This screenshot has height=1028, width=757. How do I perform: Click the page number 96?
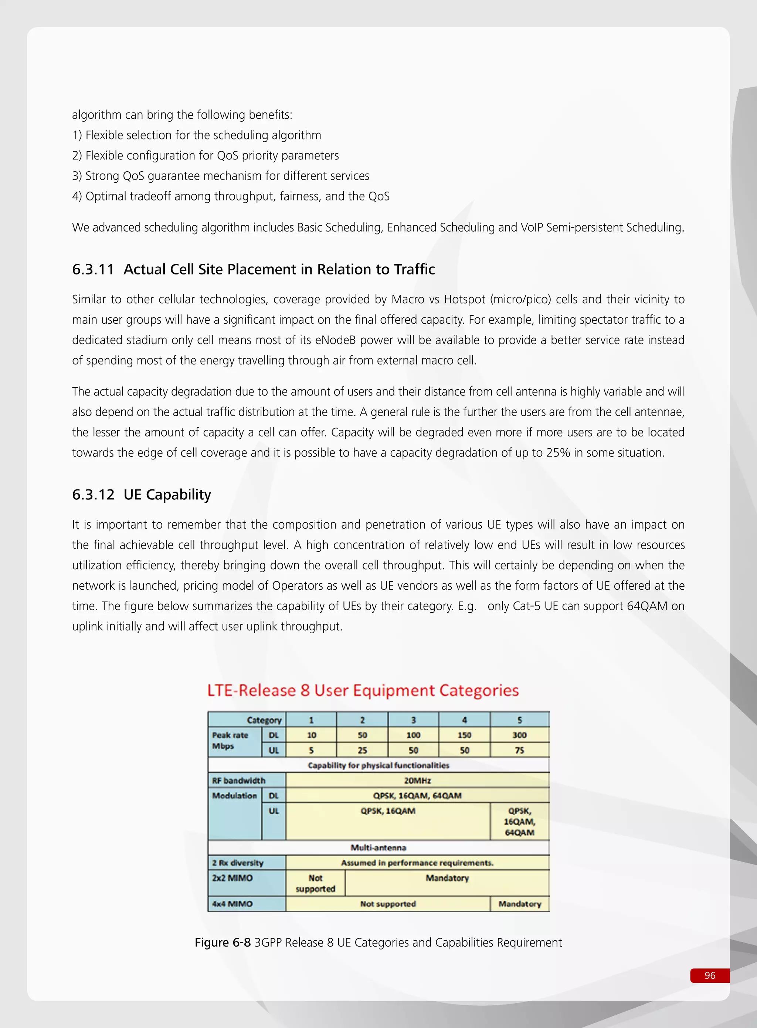click(x=709, y=975)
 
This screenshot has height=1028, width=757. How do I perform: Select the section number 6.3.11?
click(x=93, y=269)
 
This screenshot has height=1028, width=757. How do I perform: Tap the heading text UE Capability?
click(x=167, y=494)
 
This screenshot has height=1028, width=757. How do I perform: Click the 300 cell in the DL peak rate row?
click(x=519, y=735)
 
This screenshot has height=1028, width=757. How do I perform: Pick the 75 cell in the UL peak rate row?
click(x=519, y=750)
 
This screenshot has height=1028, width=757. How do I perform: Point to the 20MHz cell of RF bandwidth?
click(x=417, y=781)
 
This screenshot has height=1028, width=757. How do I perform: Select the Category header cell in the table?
click(x=264, y=720)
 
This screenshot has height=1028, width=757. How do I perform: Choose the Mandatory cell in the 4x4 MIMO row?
click(x=519, y=904)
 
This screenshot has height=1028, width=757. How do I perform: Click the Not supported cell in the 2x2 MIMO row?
click(x=315, y=883)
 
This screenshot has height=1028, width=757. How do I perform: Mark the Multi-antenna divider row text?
click(x=378, y=847)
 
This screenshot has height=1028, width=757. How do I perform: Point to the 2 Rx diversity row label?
click(x=237, y=863)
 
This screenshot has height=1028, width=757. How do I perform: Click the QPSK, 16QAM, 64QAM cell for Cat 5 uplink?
click(x=519, y=821)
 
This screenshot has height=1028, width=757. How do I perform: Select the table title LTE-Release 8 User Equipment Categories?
click(x=363, y=691)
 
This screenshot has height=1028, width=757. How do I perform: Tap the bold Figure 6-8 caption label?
click(x=223, y=942)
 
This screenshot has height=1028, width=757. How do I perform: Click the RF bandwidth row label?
click(x=238, y=781)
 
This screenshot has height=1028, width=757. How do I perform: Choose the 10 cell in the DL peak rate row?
click(x=311, y=735)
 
